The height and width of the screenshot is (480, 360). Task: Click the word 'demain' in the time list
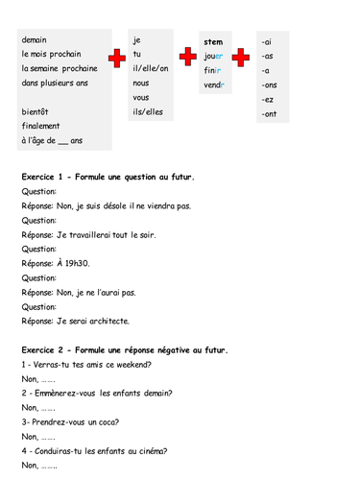[x=35, y=40]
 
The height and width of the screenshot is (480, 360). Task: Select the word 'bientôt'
[x=36, y=112]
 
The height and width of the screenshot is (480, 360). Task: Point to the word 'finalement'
[x=40, y=127]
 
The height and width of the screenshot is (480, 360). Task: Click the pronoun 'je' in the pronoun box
[x=137, y=40]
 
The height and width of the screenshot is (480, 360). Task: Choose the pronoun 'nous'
[x=141, y=83]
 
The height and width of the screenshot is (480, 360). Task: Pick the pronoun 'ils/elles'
[x=149, y=112]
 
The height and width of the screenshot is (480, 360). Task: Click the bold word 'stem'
[x=213, y=42]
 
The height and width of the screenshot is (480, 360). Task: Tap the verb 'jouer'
[x=213, y=57]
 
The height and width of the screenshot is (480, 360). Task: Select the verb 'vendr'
[x=214, y=85]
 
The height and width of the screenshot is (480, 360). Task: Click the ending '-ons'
[x=269, y=85]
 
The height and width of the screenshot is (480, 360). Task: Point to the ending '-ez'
[x=267, y=100]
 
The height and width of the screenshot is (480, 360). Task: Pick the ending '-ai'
[x=266, y=42]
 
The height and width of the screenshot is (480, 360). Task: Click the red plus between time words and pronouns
[x=117, y=60]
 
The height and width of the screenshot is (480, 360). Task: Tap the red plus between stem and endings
[x=241, y=60]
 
